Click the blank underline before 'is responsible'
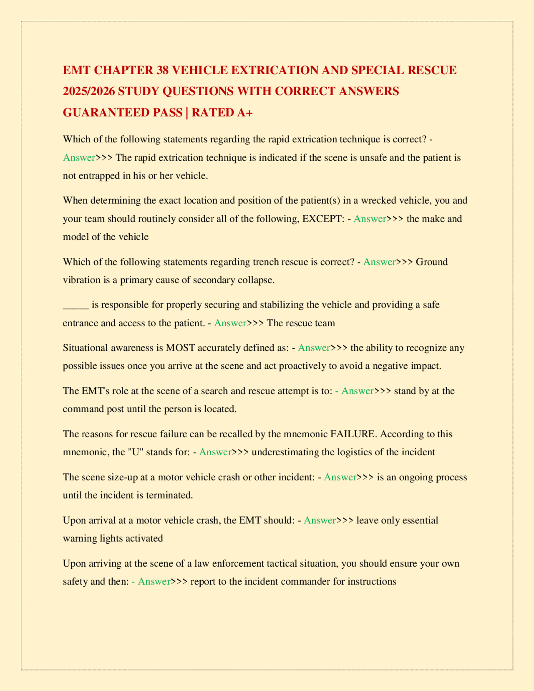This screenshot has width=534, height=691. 76,305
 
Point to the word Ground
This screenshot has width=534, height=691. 432,262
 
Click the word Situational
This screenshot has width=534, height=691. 87,348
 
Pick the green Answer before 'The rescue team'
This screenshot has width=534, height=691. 230,323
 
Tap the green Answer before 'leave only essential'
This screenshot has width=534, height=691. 320,521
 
